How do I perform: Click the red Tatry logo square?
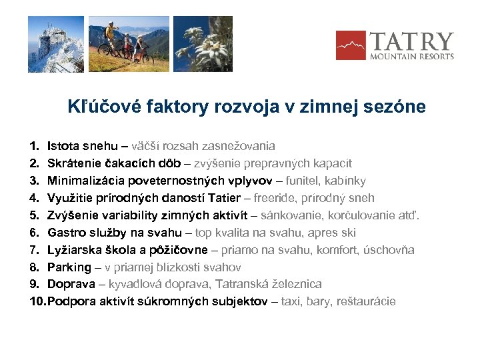point(350,45)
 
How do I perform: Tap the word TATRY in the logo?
point(411,42)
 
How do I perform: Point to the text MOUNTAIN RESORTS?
point(412,57)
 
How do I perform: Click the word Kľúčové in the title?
point(97,107)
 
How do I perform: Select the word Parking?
point(69,267)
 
